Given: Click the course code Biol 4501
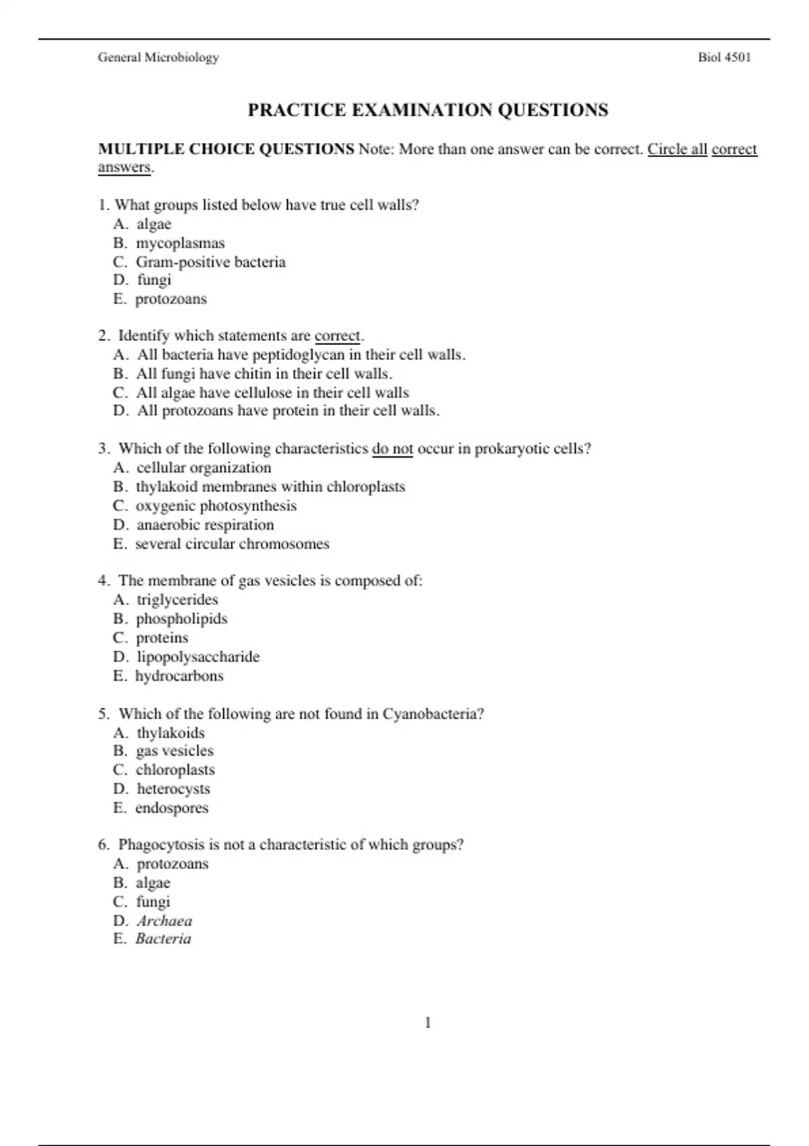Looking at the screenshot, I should click(724, 57).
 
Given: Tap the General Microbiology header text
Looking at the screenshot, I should click(158, 57).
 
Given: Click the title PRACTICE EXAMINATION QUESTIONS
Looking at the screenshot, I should click(427, 110).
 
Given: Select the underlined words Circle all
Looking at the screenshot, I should click(677, 149).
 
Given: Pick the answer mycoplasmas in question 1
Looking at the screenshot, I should click(180, 243).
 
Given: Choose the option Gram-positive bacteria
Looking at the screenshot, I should click(210, 262).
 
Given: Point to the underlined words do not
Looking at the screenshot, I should click(392, 449).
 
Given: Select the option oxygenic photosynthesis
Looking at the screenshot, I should click(216, 506).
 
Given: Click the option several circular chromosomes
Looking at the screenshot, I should click(232, 544).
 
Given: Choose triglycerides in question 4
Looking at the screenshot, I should click(177, 599).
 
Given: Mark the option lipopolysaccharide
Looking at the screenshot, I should click(198, 657).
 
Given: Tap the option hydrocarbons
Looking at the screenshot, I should click(179, 675).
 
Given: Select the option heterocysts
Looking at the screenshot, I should click(173, 789).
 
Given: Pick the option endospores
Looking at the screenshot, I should click(172, 808).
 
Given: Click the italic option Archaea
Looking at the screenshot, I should click(164, 921).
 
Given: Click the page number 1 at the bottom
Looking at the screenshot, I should click(427, 1023).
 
